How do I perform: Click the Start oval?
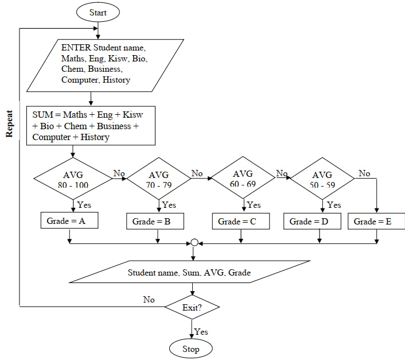tap(99, 11)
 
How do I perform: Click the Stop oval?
tap(190, 349)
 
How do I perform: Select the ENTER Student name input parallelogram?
tap(105, 65)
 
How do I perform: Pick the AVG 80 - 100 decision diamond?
tap(73, 178)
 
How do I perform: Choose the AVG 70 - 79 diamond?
tap(159, 178)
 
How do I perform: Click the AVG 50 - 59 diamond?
tap(321, 178)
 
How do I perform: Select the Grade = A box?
tap(69, 220)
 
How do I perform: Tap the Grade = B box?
tap(155, 221)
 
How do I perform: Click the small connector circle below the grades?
tap(194, 243)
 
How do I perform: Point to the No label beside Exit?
tap(149, 299)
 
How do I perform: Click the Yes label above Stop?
tap(201, 332)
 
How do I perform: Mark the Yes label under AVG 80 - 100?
tap(84, 204)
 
